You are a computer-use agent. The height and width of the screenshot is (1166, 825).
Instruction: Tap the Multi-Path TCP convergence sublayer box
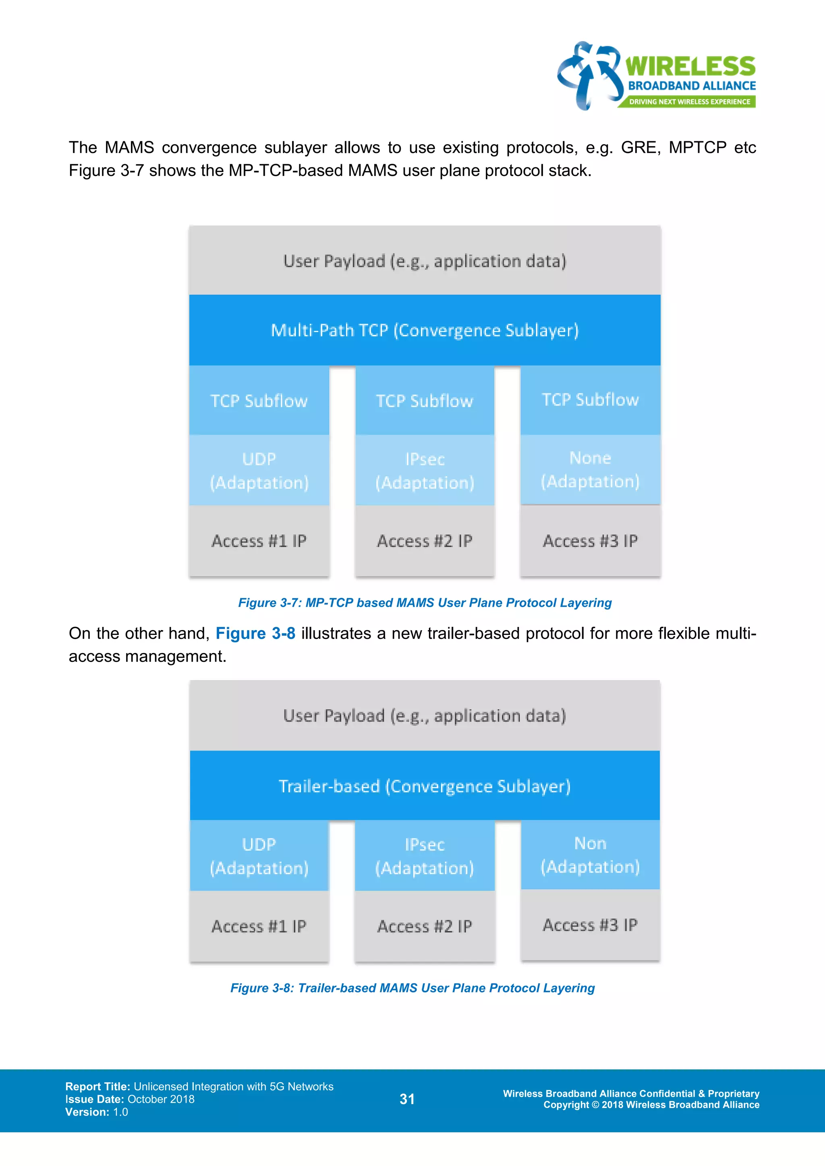tap(425, 330)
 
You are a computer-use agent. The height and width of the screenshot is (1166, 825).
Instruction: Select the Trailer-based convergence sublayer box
tap(425, 786)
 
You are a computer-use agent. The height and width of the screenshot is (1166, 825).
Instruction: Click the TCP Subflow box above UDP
tap(259, 400)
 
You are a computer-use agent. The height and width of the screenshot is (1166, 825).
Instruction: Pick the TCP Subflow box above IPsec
tap(425, 400)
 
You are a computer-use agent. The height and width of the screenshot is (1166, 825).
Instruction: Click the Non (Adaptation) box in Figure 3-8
tap(590, 855)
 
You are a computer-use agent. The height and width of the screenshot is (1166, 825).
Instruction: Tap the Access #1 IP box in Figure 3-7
tap(259, 541)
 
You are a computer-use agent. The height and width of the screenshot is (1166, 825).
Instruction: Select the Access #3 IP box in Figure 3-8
tap(590, 925)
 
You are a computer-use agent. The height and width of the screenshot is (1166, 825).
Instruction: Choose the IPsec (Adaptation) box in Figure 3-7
tap(425, 470)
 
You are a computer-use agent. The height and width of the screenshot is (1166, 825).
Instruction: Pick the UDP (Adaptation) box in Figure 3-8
tap(259, 856)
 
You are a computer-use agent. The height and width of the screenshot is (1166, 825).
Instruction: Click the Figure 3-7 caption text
tap(425, 603)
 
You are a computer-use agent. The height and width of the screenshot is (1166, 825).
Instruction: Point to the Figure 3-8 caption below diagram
tap(412, 988)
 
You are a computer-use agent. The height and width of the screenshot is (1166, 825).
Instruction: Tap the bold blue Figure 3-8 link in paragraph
tap(255, 633)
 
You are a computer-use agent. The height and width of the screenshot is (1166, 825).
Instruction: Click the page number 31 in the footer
tap(407, 1099)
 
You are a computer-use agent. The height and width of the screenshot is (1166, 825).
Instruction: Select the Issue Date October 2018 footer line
tap(130, 1099)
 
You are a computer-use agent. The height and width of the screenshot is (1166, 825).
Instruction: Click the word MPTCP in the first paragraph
tap(697, 147)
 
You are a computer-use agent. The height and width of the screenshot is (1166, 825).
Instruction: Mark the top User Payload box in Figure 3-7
tap(425, 260)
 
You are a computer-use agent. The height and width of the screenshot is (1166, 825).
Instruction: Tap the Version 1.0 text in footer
tap(97, 1112)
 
